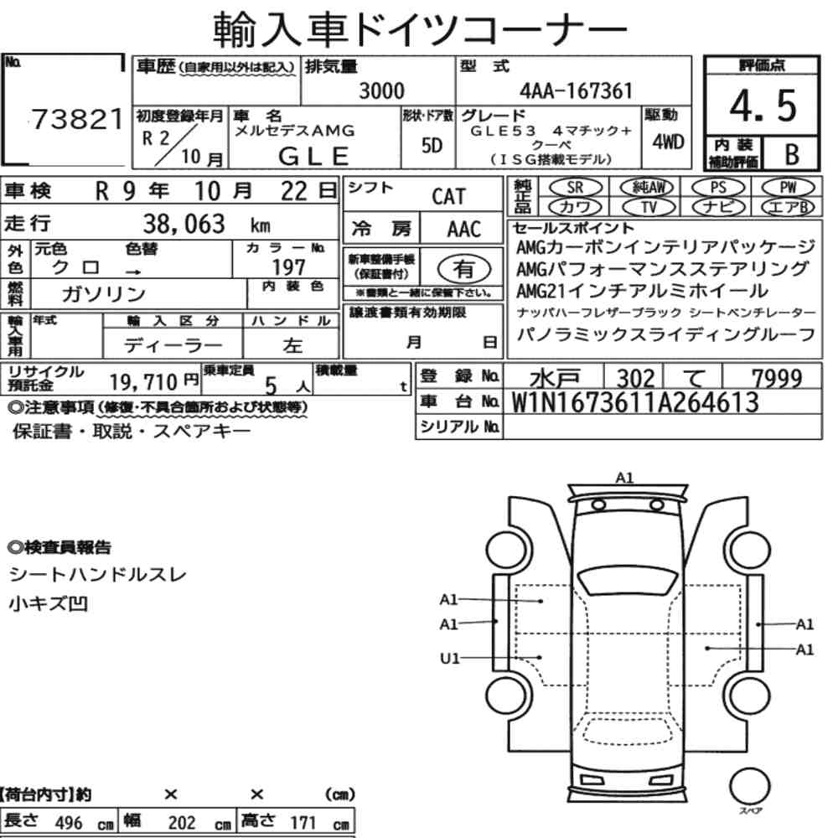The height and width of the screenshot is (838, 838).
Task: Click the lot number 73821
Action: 77,119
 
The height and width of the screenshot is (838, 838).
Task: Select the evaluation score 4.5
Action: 763,106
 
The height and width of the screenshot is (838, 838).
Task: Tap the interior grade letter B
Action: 792,154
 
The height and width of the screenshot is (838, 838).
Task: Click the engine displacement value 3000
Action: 381,91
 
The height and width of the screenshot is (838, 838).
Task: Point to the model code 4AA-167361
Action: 577,91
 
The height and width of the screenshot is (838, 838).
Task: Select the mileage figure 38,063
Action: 184,224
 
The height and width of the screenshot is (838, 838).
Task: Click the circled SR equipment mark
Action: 576,187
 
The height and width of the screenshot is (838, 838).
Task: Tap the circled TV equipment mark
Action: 649,207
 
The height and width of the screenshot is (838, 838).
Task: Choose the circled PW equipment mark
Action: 788,187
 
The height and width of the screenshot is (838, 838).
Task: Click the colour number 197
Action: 288,267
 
